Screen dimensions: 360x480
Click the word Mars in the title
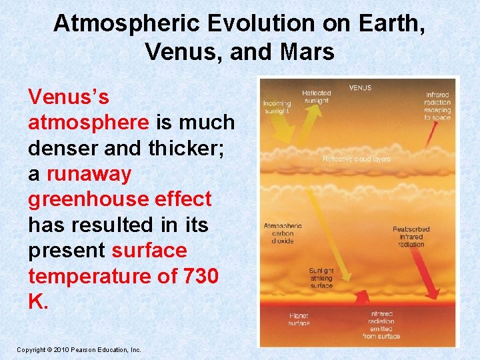pyautogui.click(x=309, y=51)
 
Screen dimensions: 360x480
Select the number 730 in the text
pyautogui.click(x=199, y=276)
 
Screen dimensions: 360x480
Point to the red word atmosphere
pyautogui.click(x=89, y=123)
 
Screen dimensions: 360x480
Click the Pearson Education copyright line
pyautogui.click(x=79, y=349)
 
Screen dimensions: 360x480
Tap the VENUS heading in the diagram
pyautogui.click(x=361, y=88)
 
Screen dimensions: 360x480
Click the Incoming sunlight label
pyautogui.click(x=277, y=107)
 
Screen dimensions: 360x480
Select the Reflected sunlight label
pyautogui.click(x=315, y=97)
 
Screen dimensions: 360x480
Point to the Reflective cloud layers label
pyautogui.click(x=357, y=159)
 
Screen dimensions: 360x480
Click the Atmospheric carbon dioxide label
pyautogui.click(x=283, y=233)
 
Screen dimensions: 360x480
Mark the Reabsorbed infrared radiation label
pyautogui.click(x=411, y=237)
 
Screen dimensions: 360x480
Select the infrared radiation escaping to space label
pyautogui.click(x=437, y=107)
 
